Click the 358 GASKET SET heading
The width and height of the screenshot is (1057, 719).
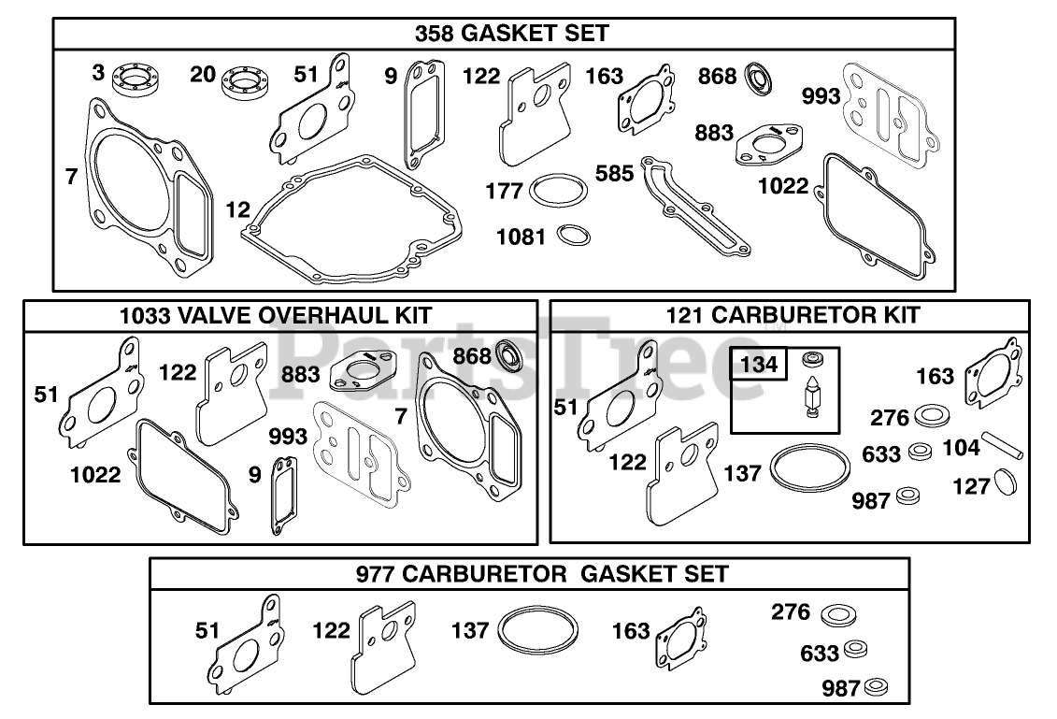tap(511, 34)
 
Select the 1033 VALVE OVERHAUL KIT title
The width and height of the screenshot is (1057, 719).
tap(276, 315)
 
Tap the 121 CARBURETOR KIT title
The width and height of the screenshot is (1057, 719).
tap(793, 315)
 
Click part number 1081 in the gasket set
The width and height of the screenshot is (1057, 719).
tap(521, 237)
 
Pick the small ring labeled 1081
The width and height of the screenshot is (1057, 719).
tap(573, 234)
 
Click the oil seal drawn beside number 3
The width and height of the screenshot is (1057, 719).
tap(136, 78)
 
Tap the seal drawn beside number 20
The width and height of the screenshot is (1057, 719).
tap(245, 82)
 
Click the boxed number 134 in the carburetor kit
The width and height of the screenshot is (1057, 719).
tap(758, 363)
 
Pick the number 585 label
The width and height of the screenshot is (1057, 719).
tap(616, 174)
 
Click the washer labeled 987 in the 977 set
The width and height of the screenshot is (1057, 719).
tap(875, 689)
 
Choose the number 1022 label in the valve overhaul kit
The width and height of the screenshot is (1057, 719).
tap(96, 474)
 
